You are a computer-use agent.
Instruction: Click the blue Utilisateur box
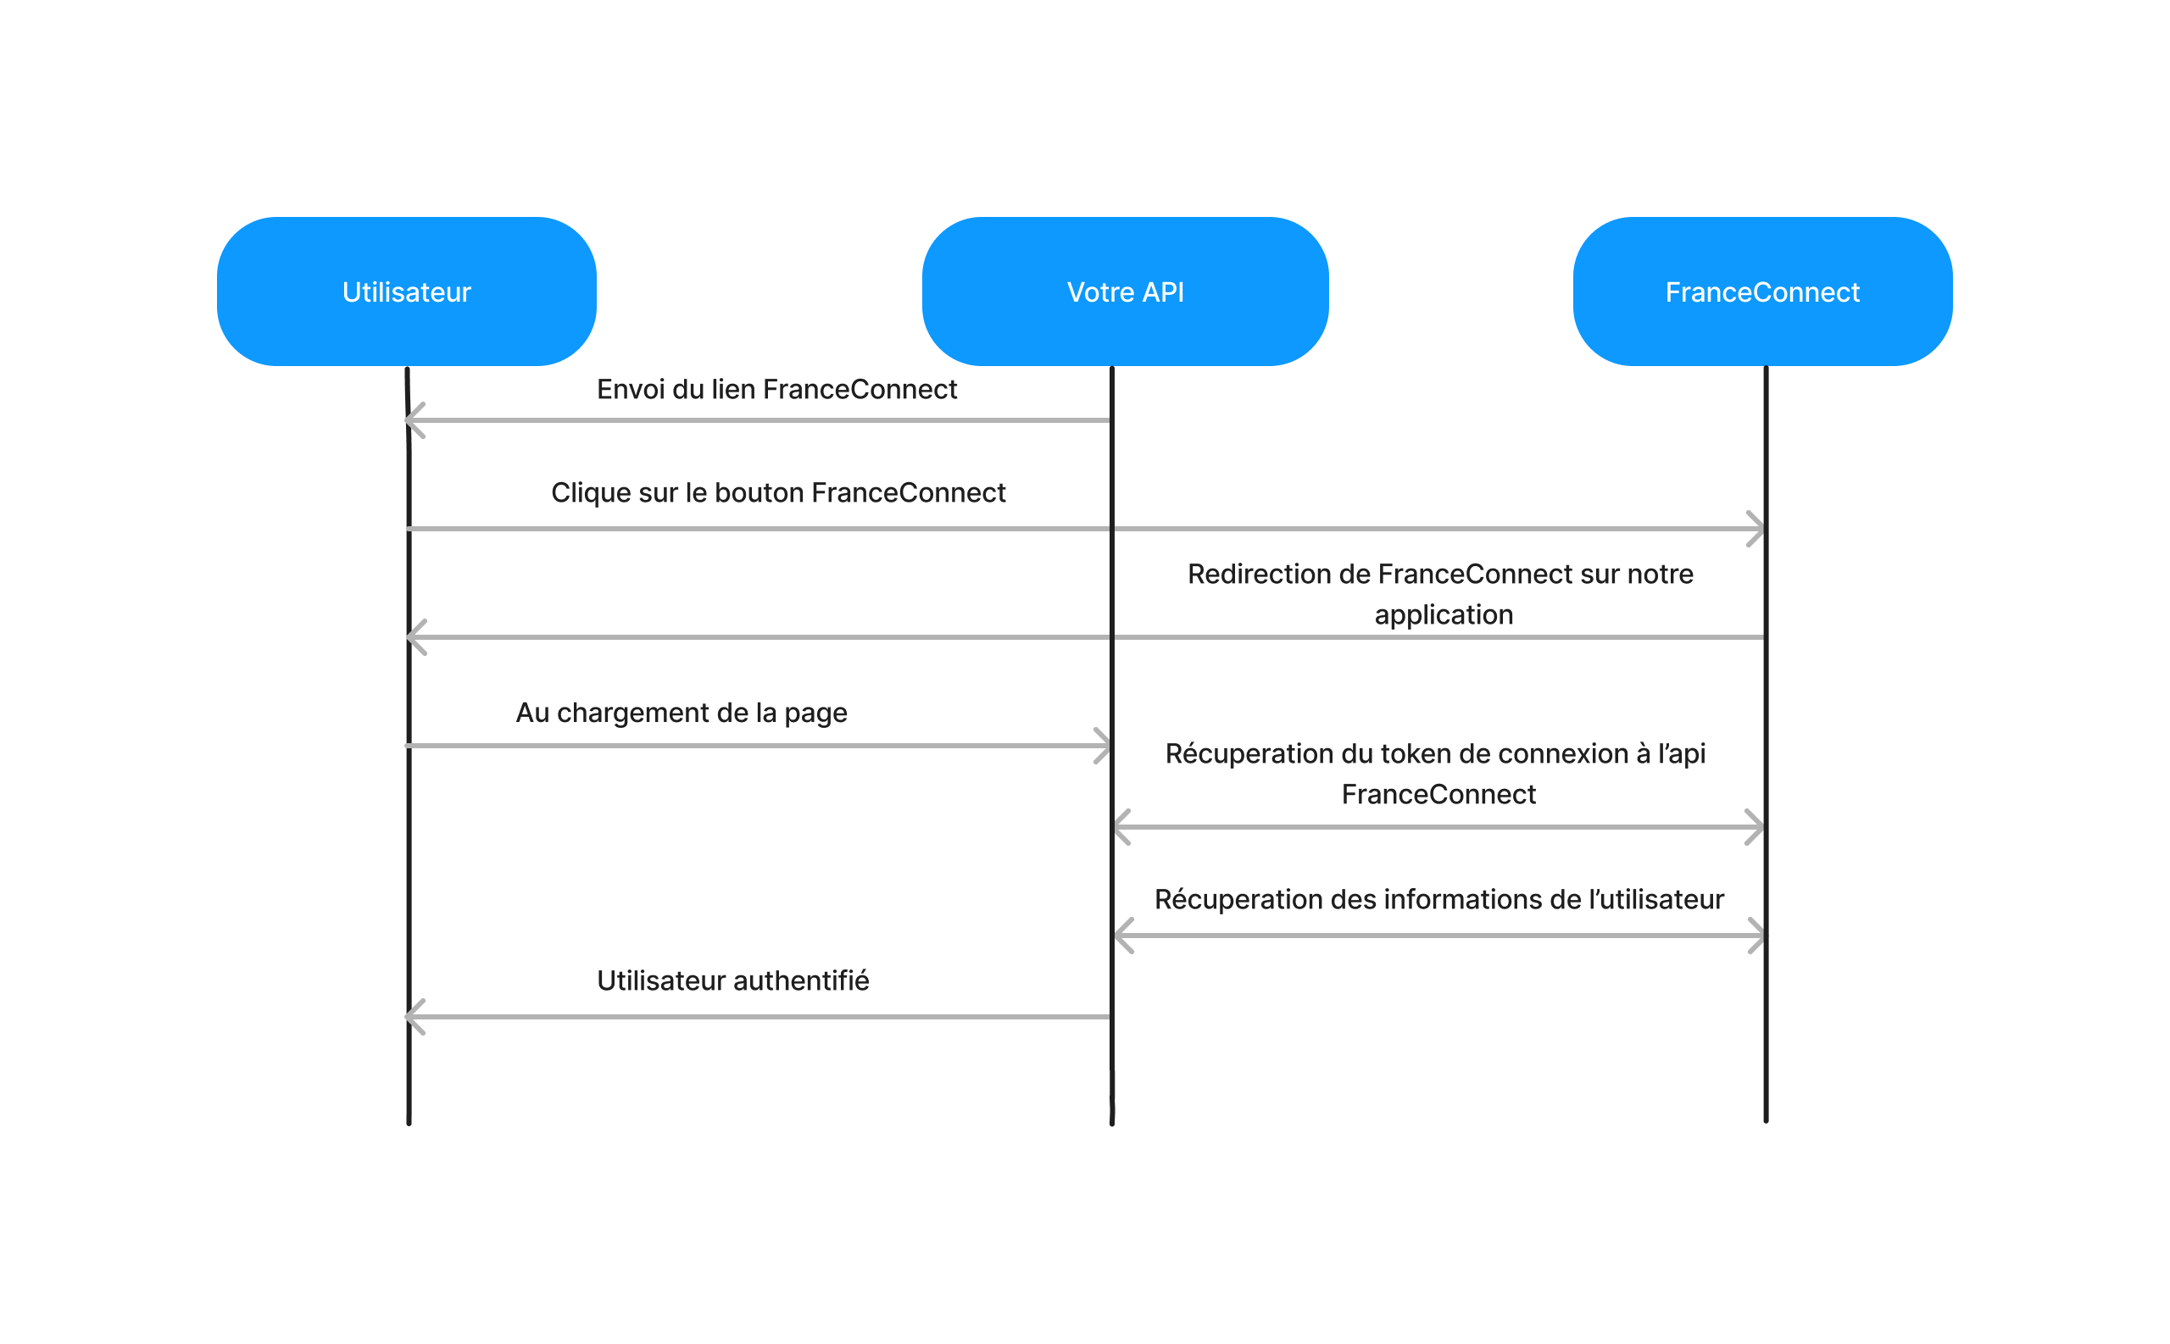[406, 292]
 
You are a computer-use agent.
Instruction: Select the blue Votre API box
[1125, 292]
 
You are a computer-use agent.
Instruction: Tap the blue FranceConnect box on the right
[1762, 292]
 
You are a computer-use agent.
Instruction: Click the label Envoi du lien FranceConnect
[776, 389]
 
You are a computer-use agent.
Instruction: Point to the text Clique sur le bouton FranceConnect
[778, 492]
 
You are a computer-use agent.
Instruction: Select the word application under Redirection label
[1443, 615]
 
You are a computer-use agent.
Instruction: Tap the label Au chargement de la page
[681, 713]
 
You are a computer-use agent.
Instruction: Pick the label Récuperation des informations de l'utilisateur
[1438, 900]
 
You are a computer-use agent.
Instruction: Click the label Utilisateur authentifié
[732, 980]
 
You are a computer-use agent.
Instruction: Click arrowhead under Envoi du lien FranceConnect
[415, 420]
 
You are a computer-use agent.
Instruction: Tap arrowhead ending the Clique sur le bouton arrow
[1755, 529]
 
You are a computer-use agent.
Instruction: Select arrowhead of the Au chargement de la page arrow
[1101, 746]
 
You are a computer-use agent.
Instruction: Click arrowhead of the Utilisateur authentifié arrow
[415, 1017]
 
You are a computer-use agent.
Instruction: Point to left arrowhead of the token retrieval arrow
[1122, 828]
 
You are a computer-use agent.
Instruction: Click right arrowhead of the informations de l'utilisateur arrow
[1755, 936]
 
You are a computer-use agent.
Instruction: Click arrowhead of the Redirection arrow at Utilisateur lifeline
[416, 637]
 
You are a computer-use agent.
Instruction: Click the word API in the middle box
[1163, 292]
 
